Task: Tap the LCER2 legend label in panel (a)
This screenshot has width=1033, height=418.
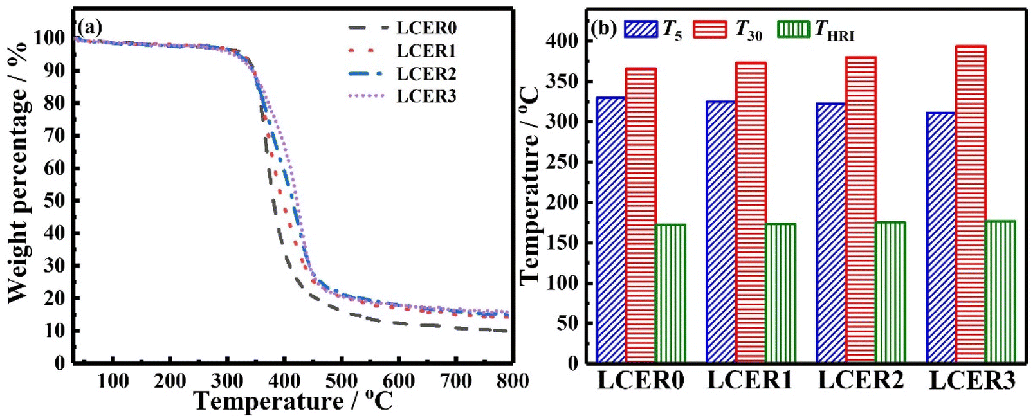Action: pos(426,74)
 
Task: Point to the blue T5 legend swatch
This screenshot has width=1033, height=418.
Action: pos(640,29)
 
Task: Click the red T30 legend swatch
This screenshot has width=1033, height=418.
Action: pos(710,29)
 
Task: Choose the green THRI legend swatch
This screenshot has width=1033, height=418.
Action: pos(794,29)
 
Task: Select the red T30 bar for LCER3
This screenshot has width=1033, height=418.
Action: pos(971,204)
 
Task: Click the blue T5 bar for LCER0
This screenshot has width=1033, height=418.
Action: pos(611,230)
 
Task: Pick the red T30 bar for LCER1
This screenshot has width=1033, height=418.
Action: pos(751,212)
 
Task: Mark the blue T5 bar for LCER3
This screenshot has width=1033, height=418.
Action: pos(941,237)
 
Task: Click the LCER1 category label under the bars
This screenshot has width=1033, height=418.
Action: pos(750,381)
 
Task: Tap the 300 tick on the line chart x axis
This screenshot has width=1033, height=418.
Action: pos(227,381)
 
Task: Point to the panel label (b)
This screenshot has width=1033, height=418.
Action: pos(604,29)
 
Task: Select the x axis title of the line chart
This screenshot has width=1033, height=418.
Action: pos(293,402)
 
